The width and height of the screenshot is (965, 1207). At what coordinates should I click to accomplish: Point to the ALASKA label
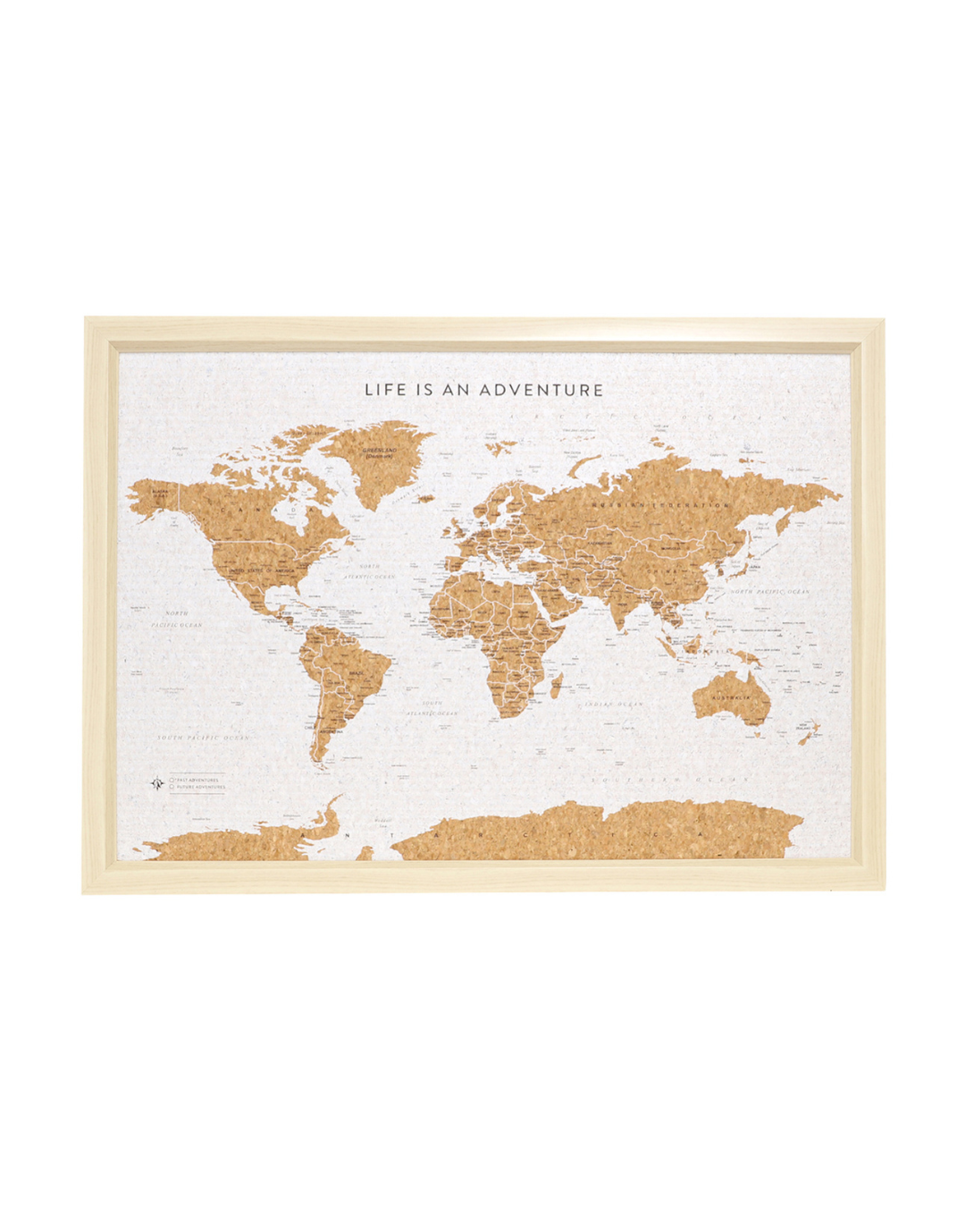(161, 492)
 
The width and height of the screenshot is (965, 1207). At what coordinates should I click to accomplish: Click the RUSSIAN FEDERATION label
(659, 506)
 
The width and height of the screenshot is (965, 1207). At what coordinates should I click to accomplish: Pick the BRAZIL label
(357, 671)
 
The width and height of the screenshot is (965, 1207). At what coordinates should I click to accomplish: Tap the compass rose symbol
(157, 783)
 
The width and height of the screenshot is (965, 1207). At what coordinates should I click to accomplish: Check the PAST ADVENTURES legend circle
(172, 780)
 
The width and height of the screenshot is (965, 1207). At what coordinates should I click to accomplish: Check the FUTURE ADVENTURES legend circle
(172, 788)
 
